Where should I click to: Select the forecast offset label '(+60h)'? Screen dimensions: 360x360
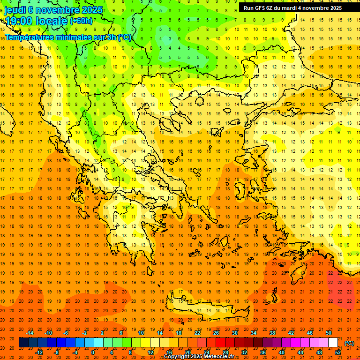tap(81, 21)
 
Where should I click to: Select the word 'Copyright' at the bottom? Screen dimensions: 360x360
tap(178, 357)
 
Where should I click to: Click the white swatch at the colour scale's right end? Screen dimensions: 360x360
tap(333, 343)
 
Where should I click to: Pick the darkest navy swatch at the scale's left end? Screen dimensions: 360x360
tap(23, 343)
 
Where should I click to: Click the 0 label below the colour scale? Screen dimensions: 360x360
tap(92, 352)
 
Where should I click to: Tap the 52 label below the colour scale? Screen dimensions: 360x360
tap(338, 352)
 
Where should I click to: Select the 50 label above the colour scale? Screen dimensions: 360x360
tap(329, 333)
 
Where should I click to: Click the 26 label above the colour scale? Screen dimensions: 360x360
tap(216, 333)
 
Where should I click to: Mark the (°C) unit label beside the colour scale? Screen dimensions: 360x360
tap(349, 343)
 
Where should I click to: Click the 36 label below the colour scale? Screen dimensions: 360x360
tap(263, 352)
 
